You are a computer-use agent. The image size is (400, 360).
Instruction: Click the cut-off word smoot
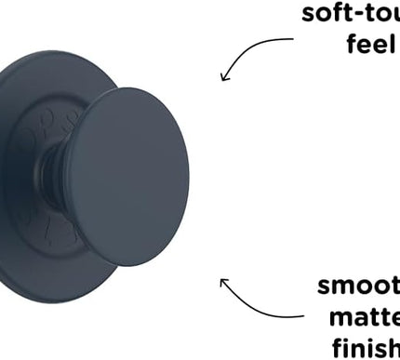[359, 286]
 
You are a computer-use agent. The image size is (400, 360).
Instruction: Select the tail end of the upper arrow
[294, 39]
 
